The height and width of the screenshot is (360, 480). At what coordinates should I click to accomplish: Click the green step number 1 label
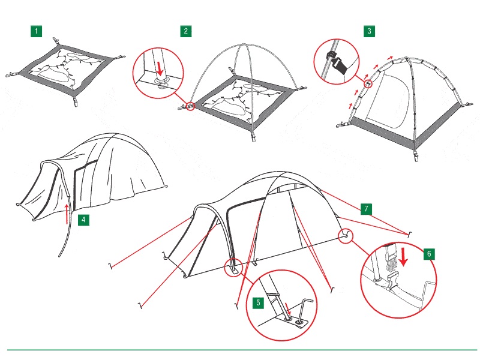pyautogui.click(x=36, y=31)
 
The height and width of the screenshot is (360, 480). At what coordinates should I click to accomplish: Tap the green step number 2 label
pyautogui.click(x=186, y=31)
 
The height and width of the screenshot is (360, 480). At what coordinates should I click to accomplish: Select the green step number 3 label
pyautogui.click(x=369, y=31)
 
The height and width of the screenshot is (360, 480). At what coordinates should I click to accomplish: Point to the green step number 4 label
pyautogui.click(x=83, y=220)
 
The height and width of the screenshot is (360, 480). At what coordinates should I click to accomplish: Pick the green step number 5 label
pyautogui.click(x=258, y=303)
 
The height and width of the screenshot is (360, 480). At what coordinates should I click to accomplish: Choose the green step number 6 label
pyautogui.click(x=429, y=254)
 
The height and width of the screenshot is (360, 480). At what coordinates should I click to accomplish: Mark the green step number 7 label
pyautogui.click(x=366, y=209)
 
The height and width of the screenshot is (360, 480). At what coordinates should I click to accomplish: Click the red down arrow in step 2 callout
pyautogui.click(x=160, y=70)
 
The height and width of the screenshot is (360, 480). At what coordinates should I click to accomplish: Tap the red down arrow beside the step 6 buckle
pyautogui.click(x=403, y=257)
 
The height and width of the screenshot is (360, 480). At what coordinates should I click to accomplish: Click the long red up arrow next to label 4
pyautogui.click(x=67, y=214)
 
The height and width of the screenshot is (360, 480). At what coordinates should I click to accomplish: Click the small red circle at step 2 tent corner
pyautogui.click(x=190, y=106)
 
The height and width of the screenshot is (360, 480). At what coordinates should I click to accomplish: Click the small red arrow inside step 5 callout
pyautogui.click(x=287, y=309)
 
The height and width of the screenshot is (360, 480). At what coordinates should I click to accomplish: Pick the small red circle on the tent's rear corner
pyautogui.click(x=346, y=236)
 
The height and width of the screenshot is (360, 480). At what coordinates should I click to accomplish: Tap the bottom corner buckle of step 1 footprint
pyautogui.click(x=76, y=101)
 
